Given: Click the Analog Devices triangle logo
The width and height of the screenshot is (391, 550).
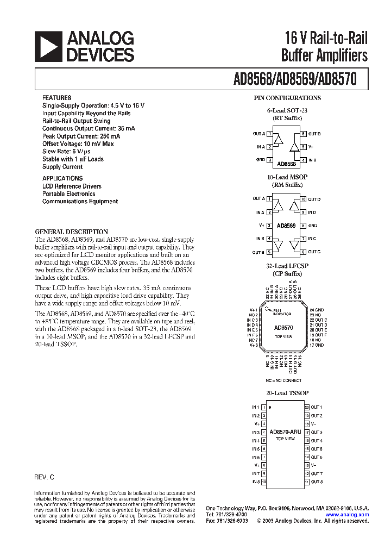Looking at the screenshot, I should click(x=49, y=46).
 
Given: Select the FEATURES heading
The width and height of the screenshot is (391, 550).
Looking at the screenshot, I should click(x=56, y=98).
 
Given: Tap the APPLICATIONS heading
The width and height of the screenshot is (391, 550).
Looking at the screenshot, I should click(x=62, y=178).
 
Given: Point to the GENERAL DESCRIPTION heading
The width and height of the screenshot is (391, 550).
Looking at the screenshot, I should click(x=71, y=232).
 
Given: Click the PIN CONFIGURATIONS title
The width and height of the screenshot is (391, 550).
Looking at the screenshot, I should click(x=287, y=98).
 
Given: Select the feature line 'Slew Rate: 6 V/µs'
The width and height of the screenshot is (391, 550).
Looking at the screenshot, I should click(x=69, y=152).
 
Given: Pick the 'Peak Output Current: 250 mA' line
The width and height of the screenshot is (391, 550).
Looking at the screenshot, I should click(x=81, y=136).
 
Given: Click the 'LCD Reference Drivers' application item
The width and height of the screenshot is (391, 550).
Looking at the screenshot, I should click(x=72, y=186).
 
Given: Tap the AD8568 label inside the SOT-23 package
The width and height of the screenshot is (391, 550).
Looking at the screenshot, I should click(x=286, y=163).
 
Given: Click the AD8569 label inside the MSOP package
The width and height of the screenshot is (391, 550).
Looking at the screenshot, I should click(x=286, y=226).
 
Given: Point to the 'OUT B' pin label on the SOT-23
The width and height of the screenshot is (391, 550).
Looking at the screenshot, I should click(x=314, y=134).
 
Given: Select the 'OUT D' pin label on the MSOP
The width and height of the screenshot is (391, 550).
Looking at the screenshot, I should click(x=314, y=199).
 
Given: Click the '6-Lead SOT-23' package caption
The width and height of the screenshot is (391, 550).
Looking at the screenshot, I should click(x=287, y=110).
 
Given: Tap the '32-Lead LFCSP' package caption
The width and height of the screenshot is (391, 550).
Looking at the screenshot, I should click(x=287, y=266).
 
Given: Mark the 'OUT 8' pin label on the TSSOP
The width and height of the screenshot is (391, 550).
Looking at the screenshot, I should click(x=317, y=482).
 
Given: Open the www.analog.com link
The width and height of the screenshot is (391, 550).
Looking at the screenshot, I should click(x=347, y=515).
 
